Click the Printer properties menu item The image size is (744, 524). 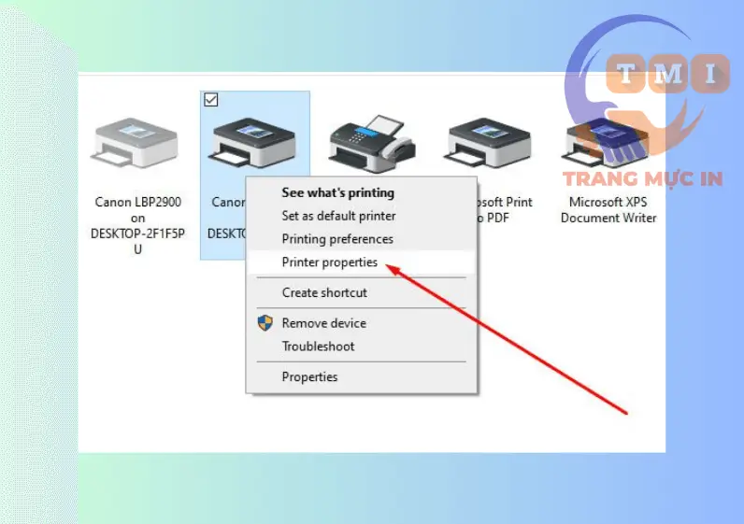(330, 262)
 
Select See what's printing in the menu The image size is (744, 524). (337, 193)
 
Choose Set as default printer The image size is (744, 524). (337, 216)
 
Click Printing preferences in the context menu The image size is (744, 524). (337, 239)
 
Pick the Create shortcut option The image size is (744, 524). (324, 292)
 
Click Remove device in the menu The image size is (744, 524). (323, 323)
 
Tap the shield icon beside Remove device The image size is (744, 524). (265, 323)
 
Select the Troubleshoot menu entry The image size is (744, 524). (318, 347)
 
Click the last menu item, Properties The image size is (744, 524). (309, 377)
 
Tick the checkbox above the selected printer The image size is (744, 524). (210, 100)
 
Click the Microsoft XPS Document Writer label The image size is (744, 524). (608, 210)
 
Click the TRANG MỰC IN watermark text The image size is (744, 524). (642, 178)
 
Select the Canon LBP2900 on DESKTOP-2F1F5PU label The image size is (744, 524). (137, 225)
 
